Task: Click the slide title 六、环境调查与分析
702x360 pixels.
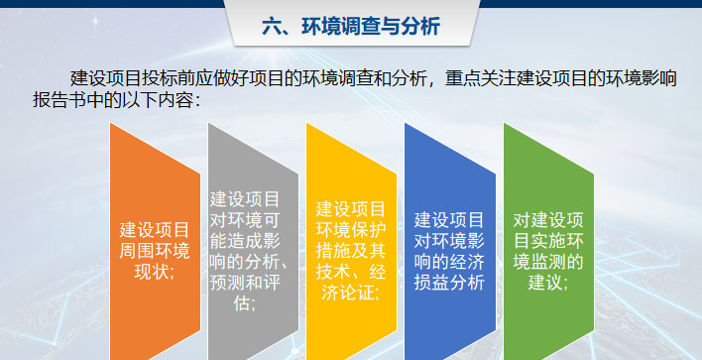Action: click(x=351, y=27)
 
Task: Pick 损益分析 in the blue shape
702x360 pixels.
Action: click(x=449, y=283)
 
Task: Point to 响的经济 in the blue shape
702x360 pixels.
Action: click(x=449, y=262)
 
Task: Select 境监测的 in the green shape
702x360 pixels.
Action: click(x=548, y=262)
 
